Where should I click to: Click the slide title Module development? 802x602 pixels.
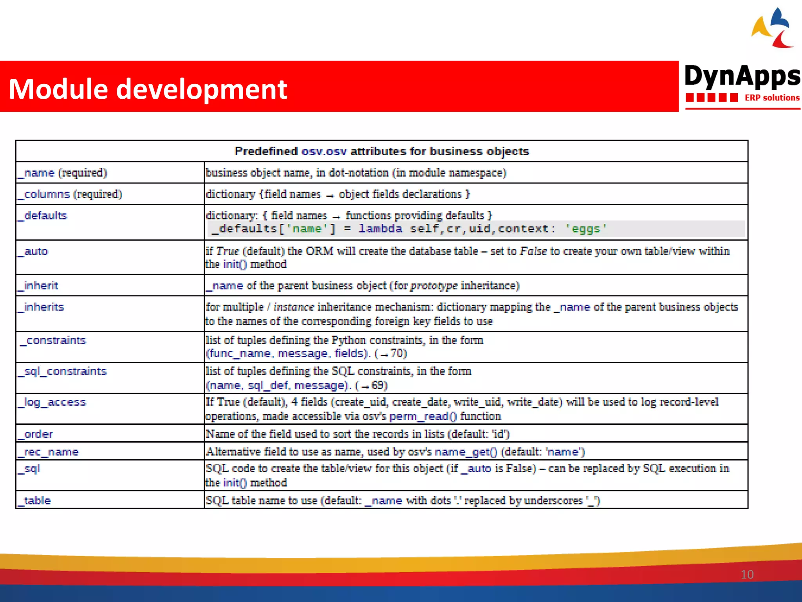148,89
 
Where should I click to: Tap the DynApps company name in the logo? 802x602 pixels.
742,76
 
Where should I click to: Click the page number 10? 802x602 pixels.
747,575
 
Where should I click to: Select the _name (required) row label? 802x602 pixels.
62,173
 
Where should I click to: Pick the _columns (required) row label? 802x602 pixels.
70,194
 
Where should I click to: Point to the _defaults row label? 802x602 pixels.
42,216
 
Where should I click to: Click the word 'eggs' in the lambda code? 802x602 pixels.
586,229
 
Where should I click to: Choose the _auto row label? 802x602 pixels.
33,251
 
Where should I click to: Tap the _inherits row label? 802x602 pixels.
41,307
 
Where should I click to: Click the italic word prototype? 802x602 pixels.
434,286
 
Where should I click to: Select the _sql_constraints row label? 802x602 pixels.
62,371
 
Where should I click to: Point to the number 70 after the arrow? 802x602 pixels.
398,354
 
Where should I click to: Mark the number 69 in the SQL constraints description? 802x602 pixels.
379,385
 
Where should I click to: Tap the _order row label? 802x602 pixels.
35,434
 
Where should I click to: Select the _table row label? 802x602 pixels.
34,500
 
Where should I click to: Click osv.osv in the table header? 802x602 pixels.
324,151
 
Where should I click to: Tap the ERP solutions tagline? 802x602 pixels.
771,98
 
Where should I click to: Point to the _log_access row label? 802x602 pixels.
52,402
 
